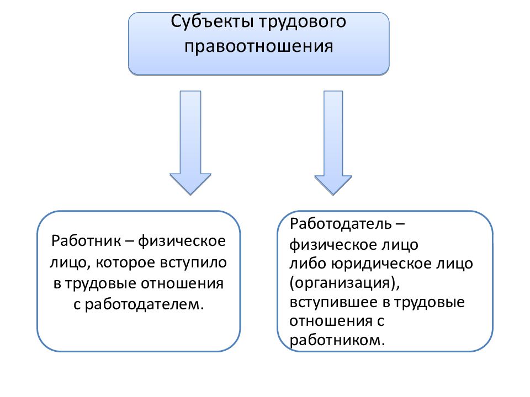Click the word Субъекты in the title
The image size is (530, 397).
tap(212, 22)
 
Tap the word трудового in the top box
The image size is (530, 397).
tap(303, 22)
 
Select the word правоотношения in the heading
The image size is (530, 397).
tap(258, 46)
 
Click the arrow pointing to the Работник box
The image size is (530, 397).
tap(190, 142)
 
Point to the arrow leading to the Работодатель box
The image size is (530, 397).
tap(333, 142)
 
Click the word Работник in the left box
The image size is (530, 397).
tap(86, 241)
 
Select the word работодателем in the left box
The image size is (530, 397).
tap(144, 304)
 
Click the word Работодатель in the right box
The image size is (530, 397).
tap(341, 224)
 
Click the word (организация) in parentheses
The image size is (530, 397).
tap(344, 283)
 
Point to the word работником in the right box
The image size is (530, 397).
tap(337, 340)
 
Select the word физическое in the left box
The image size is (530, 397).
tap(182, 242)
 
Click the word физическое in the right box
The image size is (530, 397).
tap(333, 245)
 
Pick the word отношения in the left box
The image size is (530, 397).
tap(182, 283)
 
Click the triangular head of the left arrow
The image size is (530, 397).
tap(190, 183)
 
